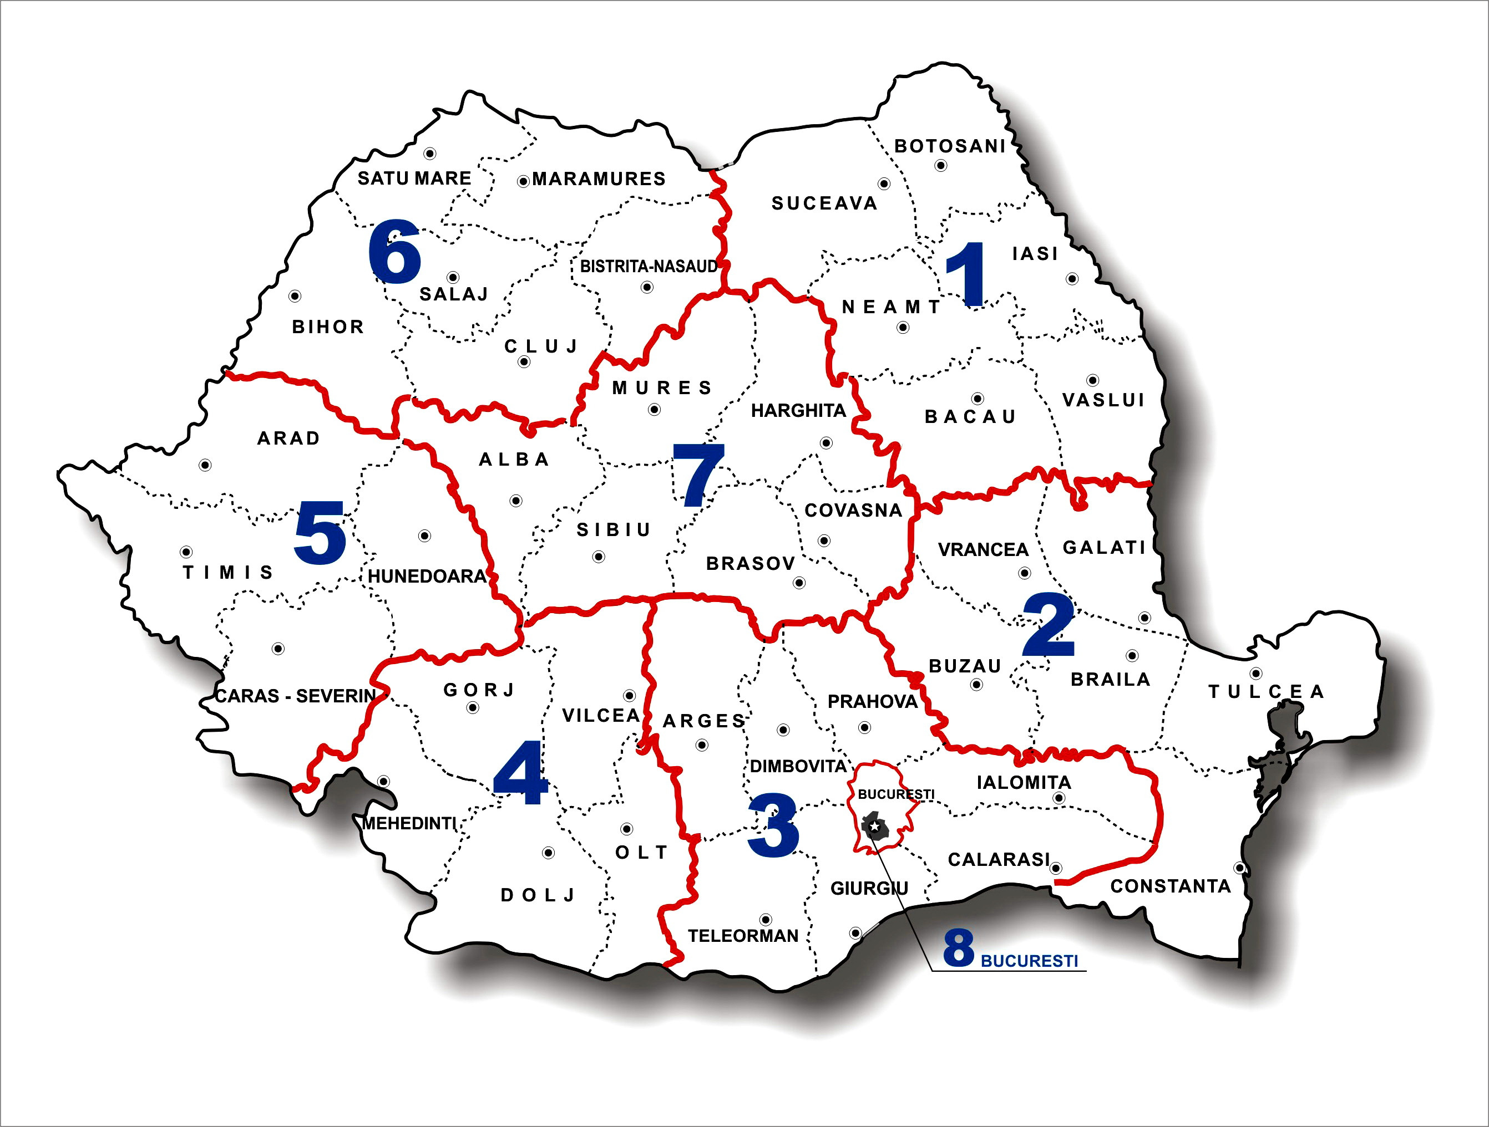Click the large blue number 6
(395, 251)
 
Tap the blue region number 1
(966, 274)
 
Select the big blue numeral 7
(698, 475)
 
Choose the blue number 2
(1048, 625)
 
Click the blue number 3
(773, 825)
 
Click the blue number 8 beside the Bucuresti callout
(959, 948)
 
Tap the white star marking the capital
(873, 825)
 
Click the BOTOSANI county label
(950, 146)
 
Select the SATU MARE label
(414, 179)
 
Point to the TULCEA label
(1266, 692)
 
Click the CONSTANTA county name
(1171, 886)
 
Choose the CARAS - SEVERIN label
(295, 696)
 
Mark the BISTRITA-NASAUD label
(649, 267)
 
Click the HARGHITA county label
(798, 410)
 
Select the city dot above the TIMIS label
(186, 552)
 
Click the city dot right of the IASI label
(1072, 278)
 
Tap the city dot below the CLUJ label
(524, 362)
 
